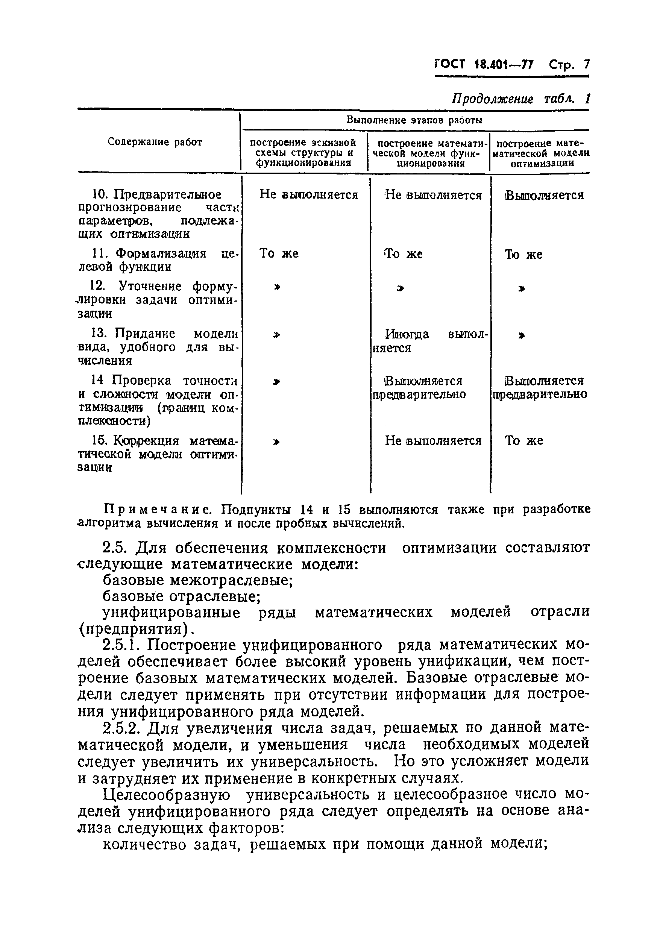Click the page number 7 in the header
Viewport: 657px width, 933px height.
586,65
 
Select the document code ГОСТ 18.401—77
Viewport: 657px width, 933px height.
484,65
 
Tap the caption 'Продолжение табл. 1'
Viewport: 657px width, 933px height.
520,99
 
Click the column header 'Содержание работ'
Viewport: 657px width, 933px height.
155,142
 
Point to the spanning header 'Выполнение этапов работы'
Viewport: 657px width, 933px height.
414,120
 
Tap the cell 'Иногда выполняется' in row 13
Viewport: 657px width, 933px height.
431,341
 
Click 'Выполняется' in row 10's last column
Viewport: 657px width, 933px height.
544,196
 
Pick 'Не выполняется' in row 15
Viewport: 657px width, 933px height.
433,440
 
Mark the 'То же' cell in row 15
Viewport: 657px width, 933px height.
523,440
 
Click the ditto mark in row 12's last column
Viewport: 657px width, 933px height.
522,289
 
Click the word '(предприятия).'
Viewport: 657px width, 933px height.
136,629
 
